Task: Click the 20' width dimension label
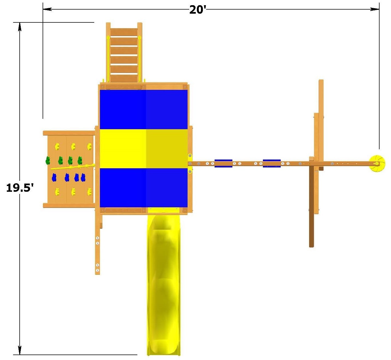tap(198, 10)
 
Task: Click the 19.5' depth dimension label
tap(20, 188)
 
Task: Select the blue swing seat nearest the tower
tap(223, 163)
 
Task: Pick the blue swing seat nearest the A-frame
tap(272, 163)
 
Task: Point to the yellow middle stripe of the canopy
tap(144, 148)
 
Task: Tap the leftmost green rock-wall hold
tap(48, 160)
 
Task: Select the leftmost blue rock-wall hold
tap(54, 178)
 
